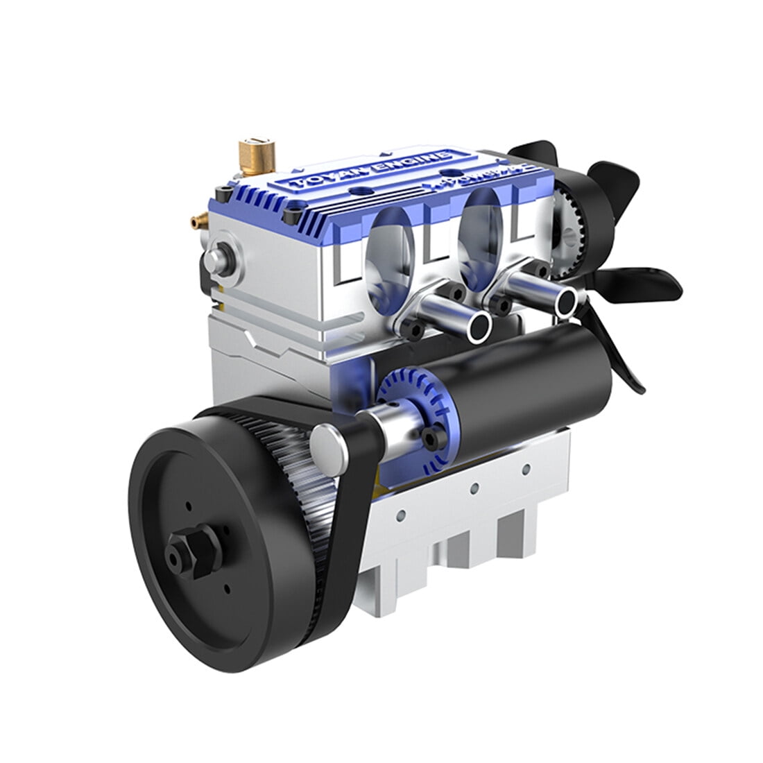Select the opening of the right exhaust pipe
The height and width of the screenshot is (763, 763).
point(566,300)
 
